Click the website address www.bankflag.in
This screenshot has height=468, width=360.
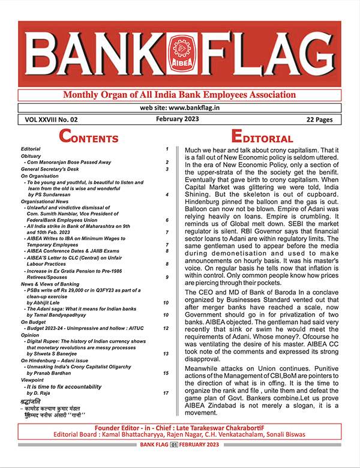coord(178,108)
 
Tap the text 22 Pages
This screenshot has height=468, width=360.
coord(319,119)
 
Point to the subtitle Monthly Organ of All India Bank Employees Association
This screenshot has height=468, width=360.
coord(179,96)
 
